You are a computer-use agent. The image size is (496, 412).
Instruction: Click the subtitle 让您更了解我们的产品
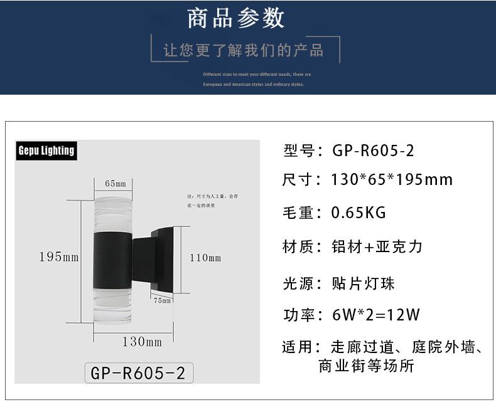(x=244, y=50)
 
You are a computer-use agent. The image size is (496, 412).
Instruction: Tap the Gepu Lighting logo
(x=46, y=151)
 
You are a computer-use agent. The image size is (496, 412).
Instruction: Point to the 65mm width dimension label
(x=116, y=184)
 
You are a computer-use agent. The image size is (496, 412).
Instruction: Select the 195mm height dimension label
(x=58, y=257)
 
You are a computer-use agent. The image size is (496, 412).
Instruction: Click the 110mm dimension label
(x=205, y=258)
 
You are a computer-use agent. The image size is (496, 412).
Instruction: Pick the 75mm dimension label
(x=162, y=300)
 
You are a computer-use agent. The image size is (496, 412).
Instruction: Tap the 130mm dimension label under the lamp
(x=142, y=342)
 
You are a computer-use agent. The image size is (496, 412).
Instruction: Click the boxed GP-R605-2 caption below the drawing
(x=138, y=372)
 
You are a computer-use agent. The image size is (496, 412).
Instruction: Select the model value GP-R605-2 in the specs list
(x=373, y=151)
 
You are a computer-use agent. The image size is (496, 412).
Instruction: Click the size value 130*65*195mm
(x=392, y=180)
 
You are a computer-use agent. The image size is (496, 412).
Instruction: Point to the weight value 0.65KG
(x=359, y=213)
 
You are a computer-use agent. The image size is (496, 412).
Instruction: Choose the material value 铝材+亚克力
(x=377, y=246)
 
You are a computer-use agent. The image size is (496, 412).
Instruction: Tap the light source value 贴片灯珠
(x=363, y=283)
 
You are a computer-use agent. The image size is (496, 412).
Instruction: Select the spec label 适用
(x=298, y=347)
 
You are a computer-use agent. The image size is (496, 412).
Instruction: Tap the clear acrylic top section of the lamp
(x=112, y=213)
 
